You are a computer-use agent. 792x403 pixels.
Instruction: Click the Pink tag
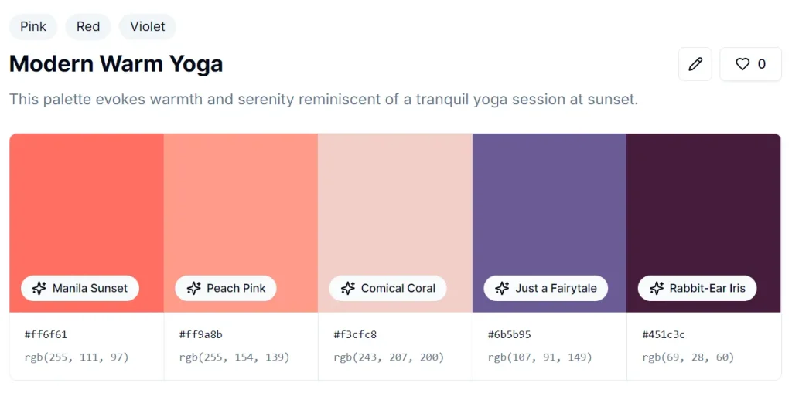coord(33,26)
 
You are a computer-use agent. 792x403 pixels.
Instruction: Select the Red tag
coord(88,26)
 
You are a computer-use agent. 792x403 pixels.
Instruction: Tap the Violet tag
coord(147,26)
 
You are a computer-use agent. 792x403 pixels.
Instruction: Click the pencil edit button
coord(695,64)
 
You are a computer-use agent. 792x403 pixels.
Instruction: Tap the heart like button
coord(749,64)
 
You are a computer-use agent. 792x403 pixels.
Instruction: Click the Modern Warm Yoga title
coord(116,63)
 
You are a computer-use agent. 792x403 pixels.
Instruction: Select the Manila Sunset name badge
coord(80,288)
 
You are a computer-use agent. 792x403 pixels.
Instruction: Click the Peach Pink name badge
coord(226,288)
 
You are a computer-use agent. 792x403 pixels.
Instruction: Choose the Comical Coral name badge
coord(387,288)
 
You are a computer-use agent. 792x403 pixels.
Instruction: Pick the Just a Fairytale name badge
coord(546,288)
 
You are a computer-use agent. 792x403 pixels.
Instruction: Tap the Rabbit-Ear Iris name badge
coord(697,288)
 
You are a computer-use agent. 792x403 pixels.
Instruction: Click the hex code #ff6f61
coord(46,334)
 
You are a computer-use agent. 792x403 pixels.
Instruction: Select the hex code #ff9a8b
coord(200,334)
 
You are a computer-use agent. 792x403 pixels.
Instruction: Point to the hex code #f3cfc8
coord(355,334)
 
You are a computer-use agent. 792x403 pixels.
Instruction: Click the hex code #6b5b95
coord(509,334)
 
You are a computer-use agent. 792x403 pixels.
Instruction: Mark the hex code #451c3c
coord(664,334)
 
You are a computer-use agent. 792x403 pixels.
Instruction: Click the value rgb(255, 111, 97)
coord(77,357)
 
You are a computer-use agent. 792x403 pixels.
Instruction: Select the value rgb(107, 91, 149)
coord(540,357)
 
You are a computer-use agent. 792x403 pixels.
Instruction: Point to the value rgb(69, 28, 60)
coord(688,357)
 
